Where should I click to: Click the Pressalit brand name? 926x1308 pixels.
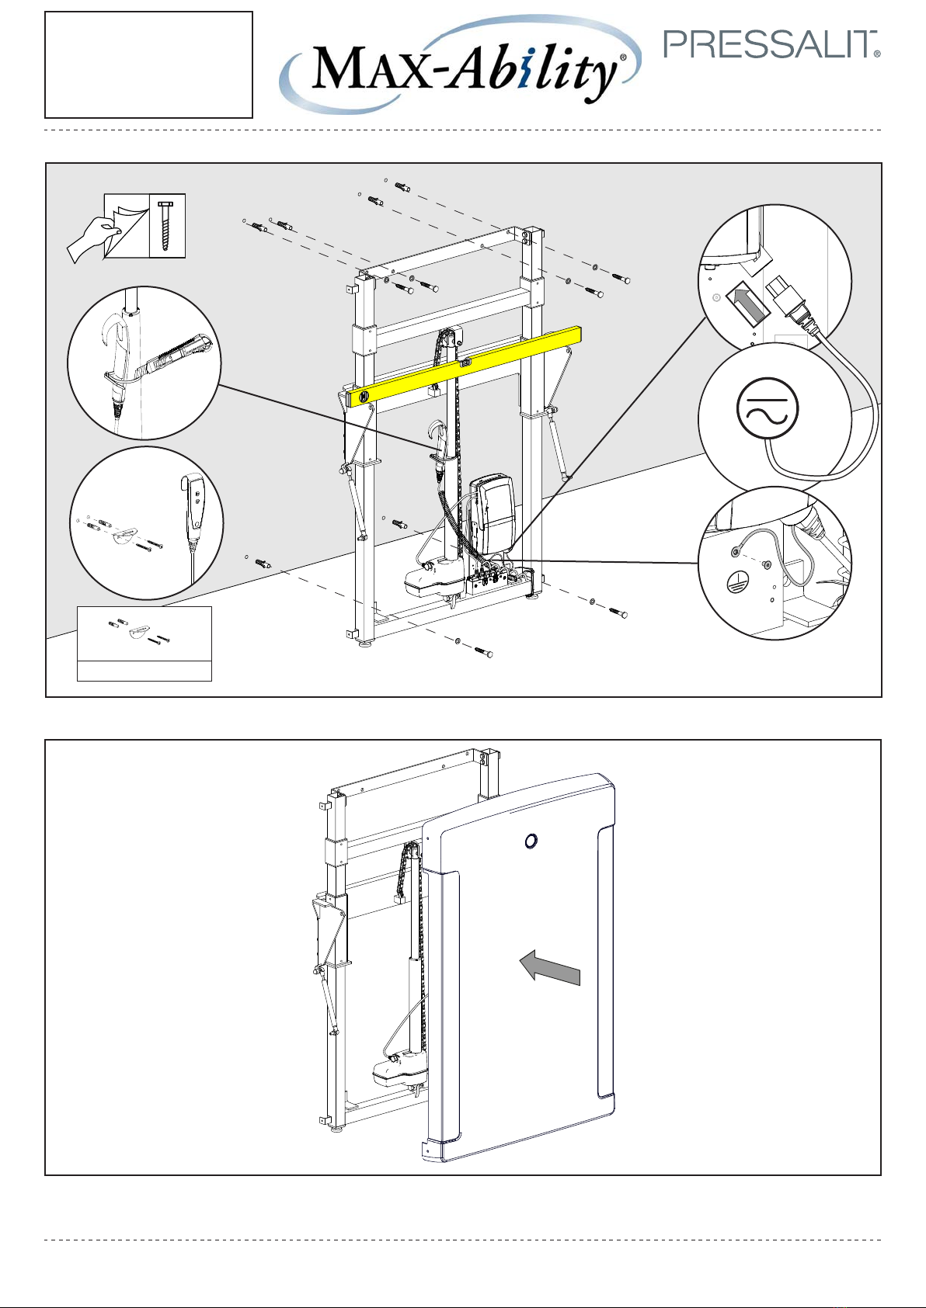(x=771, y=45)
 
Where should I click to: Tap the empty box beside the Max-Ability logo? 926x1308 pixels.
(x=148, y=64)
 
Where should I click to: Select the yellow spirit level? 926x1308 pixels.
(x=465, y=365)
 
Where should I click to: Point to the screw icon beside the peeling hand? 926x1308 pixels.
(x=168, y=226)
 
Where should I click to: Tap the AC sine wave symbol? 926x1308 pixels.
(x=768, y=410)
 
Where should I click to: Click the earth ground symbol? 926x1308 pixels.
(x=733, y=581)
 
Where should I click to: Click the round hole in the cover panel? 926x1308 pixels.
(x=530, y=841)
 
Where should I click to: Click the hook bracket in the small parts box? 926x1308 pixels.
(x=140, y=633)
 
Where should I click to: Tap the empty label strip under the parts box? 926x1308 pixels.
(x=144, y=671)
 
